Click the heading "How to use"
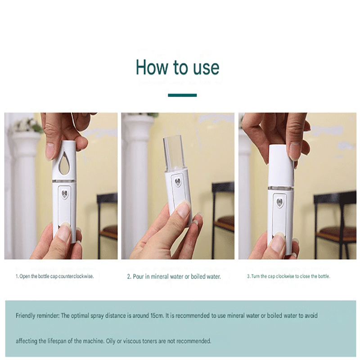point(178,67)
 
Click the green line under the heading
point(182,95)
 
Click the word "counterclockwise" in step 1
point(77,276)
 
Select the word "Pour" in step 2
point(139,277)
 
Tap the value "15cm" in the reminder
point(156,316)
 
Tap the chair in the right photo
point(335,220)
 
